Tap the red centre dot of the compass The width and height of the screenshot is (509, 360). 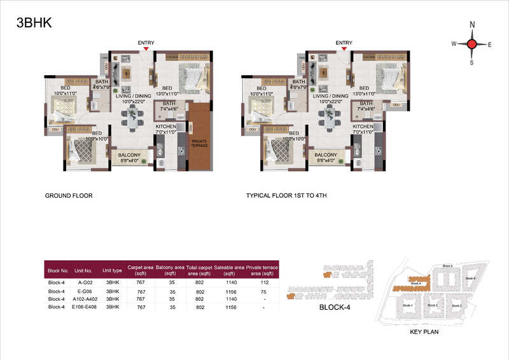[472, 44]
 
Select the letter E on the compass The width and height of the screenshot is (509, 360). [489, 45]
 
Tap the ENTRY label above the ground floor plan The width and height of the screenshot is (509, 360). [146, 43]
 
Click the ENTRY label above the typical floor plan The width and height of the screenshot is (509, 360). [344, 43]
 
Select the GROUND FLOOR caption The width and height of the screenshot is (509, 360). [69, 196]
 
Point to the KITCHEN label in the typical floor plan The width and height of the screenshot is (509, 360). [363, 127]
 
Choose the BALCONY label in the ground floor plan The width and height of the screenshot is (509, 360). [129, 155]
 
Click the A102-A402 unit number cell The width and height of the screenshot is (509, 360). [85, 299]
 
